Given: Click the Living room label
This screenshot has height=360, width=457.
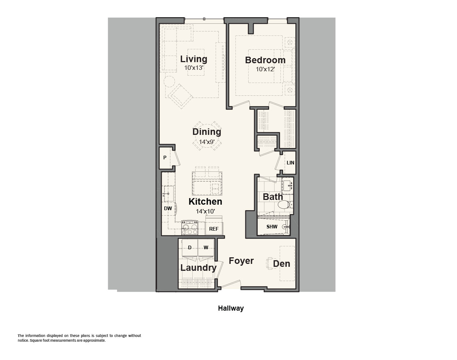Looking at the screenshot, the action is coord(194,59).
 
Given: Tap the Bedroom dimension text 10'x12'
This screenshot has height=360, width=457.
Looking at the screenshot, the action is coord(265,69).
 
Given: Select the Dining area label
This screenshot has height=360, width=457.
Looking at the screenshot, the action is coord(207,132).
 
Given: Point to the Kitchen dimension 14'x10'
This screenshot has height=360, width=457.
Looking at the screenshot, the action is coord(205,211).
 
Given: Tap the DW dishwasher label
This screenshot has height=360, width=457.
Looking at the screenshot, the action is coord(168,208).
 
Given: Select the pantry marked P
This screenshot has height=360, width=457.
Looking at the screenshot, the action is coord(165,158).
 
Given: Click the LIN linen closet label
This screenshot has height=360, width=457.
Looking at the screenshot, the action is coord(290,163).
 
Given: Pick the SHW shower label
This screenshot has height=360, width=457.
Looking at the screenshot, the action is coord(272,227).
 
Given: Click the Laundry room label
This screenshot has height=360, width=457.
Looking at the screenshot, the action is coord(199,268).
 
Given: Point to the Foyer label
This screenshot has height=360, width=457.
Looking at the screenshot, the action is coord(241,261).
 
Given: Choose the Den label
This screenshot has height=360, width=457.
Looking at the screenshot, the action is coord(282,264).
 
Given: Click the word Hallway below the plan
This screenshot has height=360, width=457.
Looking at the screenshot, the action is coord(231,308).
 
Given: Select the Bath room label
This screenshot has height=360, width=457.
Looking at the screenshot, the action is coord(273,197).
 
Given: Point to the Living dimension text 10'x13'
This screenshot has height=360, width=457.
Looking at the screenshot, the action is coord(194,68).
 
